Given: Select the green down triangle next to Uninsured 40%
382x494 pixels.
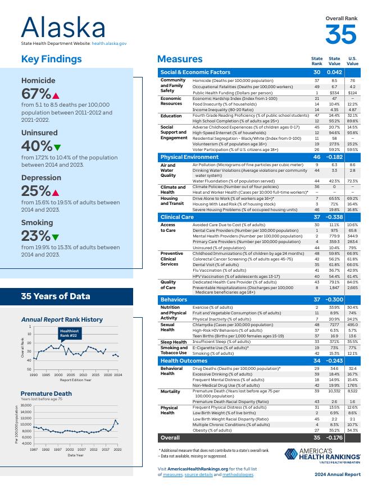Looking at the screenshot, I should click(57, 148).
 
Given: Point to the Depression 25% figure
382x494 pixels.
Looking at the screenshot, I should click(37, 191).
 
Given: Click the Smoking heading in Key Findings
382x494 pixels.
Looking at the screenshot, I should click(37, 223).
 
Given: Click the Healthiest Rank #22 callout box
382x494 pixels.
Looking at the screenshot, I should click(70, 335).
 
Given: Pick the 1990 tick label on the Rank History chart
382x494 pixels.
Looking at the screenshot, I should click(34, 374).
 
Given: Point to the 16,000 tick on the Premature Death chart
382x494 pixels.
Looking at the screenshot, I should click(26, 405).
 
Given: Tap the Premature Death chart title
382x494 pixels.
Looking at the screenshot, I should click(46, 394).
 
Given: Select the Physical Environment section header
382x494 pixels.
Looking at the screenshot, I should click(189, 157).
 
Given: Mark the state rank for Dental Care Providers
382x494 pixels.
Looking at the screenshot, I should click(317, 230).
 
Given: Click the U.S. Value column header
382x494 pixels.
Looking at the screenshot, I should click(352, 61).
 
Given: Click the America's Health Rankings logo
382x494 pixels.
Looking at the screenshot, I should click(322, 455).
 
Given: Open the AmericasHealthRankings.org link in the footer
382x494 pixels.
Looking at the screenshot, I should click(189, 468).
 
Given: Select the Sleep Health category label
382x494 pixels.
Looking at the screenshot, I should click(174, 342).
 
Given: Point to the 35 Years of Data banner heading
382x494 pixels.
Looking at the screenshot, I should click(55, 296).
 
